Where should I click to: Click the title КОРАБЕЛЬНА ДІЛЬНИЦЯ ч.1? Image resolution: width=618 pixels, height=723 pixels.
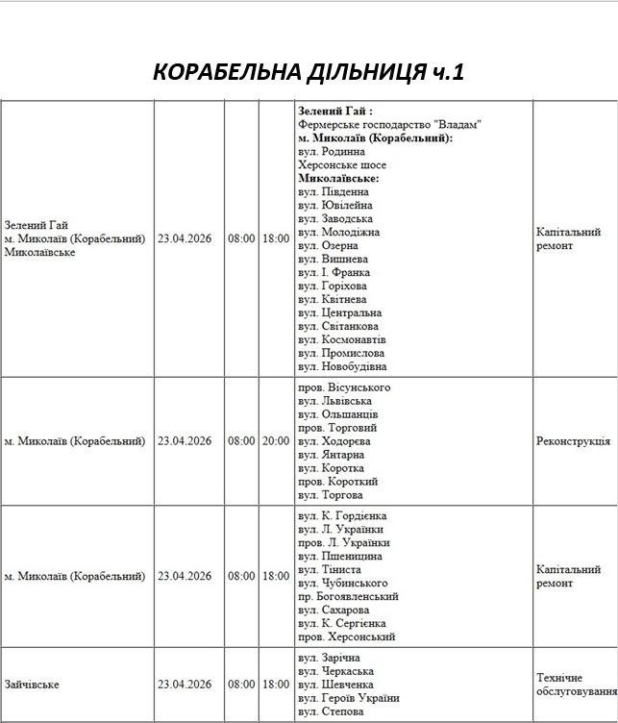coord(309,73)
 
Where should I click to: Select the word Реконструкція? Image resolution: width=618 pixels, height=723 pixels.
coord(573,441)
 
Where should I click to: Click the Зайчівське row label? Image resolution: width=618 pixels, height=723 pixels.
coord(32,685)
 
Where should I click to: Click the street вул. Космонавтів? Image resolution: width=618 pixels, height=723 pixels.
coord(342,339)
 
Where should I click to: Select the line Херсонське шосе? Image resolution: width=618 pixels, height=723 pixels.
coord(342,165)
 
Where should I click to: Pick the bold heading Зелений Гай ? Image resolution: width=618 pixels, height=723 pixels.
coord(335,112)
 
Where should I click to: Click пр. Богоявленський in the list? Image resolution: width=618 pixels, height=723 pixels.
coord(348,596)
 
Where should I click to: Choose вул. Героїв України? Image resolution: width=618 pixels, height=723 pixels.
coord(348,698)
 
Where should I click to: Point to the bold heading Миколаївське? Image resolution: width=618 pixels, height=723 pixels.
coord(338,179)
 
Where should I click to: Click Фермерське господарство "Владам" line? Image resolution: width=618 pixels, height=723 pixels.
coord(389,125)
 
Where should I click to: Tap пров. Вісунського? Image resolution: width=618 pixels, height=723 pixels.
coord(344,387)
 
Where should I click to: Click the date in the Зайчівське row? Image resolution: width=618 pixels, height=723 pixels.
coord(185,685)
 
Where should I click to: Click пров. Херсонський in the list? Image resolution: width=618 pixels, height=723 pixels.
coord(347,636)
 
